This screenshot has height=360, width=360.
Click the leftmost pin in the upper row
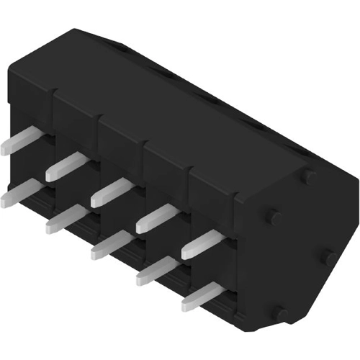[18, 140]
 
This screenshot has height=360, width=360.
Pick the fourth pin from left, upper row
[155, 217]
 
